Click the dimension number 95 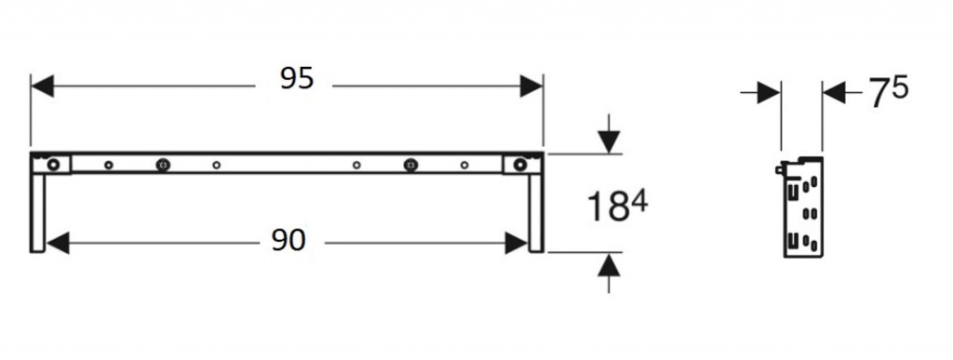297,79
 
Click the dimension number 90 289,241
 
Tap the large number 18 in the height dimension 608,207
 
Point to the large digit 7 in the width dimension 879,94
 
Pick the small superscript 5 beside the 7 900,87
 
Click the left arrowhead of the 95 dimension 43,87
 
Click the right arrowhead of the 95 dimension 531,87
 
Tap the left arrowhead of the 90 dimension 59,244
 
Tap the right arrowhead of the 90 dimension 516,244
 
